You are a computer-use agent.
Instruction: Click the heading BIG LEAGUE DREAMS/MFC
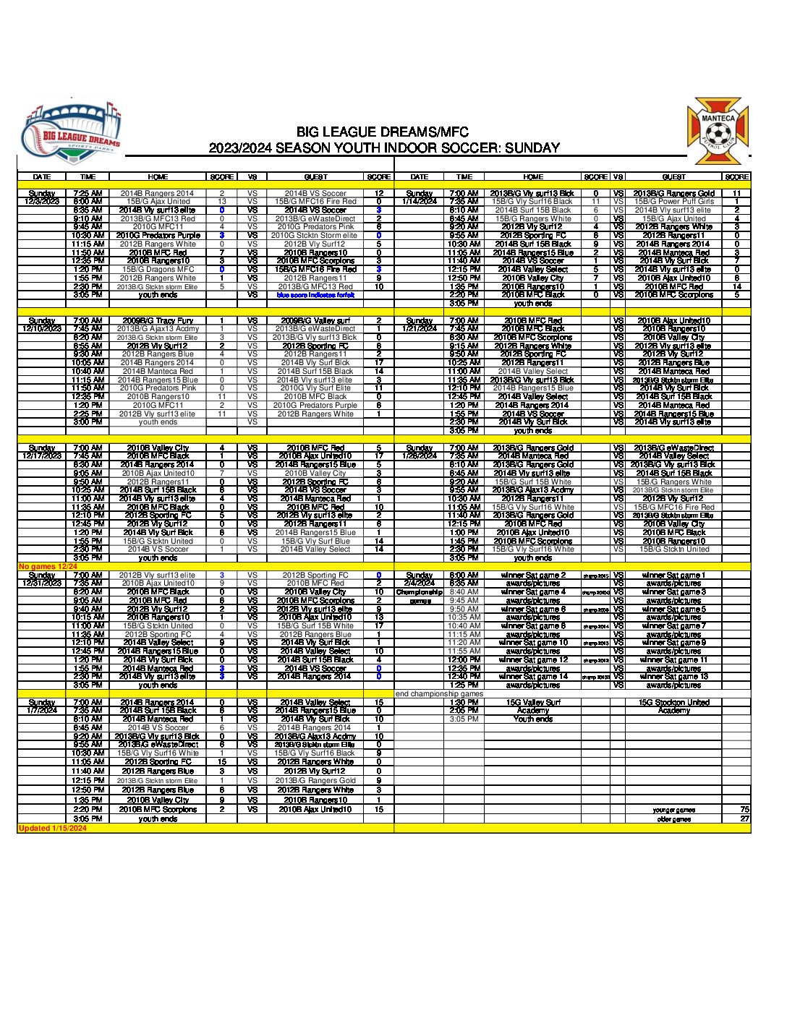coord(383,132)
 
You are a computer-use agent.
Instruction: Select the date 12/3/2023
coord(42,202)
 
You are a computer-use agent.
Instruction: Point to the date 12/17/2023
coord(42,456)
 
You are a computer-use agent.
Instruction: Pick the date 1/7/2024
coord(42,711)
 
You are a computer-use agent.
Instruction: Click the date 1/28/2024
coord(420,456)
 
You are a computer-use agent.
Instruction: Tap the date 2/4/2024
coord(420,583)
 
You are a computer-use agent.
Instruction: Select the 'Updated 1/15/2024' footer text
coord(53,829)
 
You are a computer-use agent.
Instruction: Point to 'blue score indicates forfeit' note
coord(316,295)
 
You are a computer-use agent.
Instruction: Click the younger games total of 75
coord(744,810)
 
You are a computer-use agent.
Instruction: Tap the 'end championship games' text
coord(439,694)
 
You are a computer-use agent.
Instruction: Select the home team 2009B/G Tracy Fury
coord(158,320)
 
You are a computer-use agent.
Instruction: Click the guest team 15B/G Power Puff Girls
coord(673,202)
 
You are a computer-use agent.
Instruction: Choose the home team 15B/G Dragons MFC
coord(158,270)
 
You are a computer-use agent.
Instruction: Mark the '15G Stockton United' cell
coord(673,703)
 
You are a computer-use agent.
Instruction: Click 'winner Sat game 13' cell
coord(673,677)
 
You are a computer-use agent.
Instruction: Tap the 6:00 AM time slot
coord(464,576)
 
